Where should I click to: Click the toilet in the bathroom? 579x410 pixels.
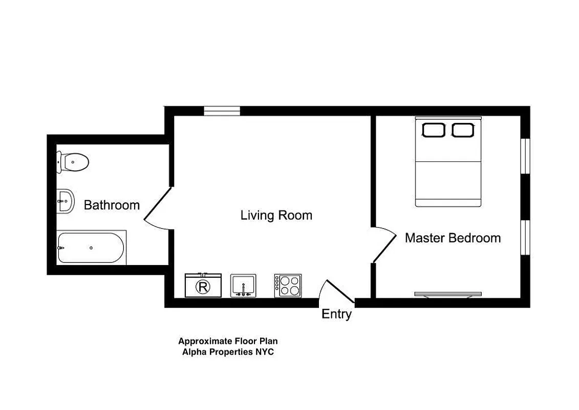pos(73,162)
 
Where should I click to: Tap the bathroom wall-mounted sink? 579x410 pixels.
pos(65,201)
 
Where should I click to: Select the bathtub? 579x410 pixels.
pos(91,248)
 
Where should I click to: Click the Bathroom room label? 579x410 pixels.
pos(112,205)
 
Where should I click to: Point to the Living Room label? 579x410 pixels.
pos(276,215)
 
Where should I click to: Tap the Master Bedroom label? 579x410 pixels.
pos(453,238)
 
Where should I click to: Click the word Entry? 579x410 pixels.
pos(336,314)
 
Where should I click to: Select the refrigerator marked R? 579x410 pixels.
pos(203,285)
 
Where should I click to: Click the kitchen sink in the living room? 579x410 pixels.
pos(243,285)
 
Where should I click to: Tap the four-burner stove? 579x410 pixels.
pos(288,285)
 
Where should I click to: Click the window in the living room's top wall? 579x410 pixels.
pos(222,111)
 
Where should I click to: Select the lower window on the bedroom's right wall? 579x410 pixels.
pos(525,238)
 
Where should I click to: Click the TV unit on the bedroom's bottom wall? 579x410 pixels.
pos(448,294)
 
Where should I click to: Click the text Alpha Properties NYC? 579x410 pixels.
pos(228,352)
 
